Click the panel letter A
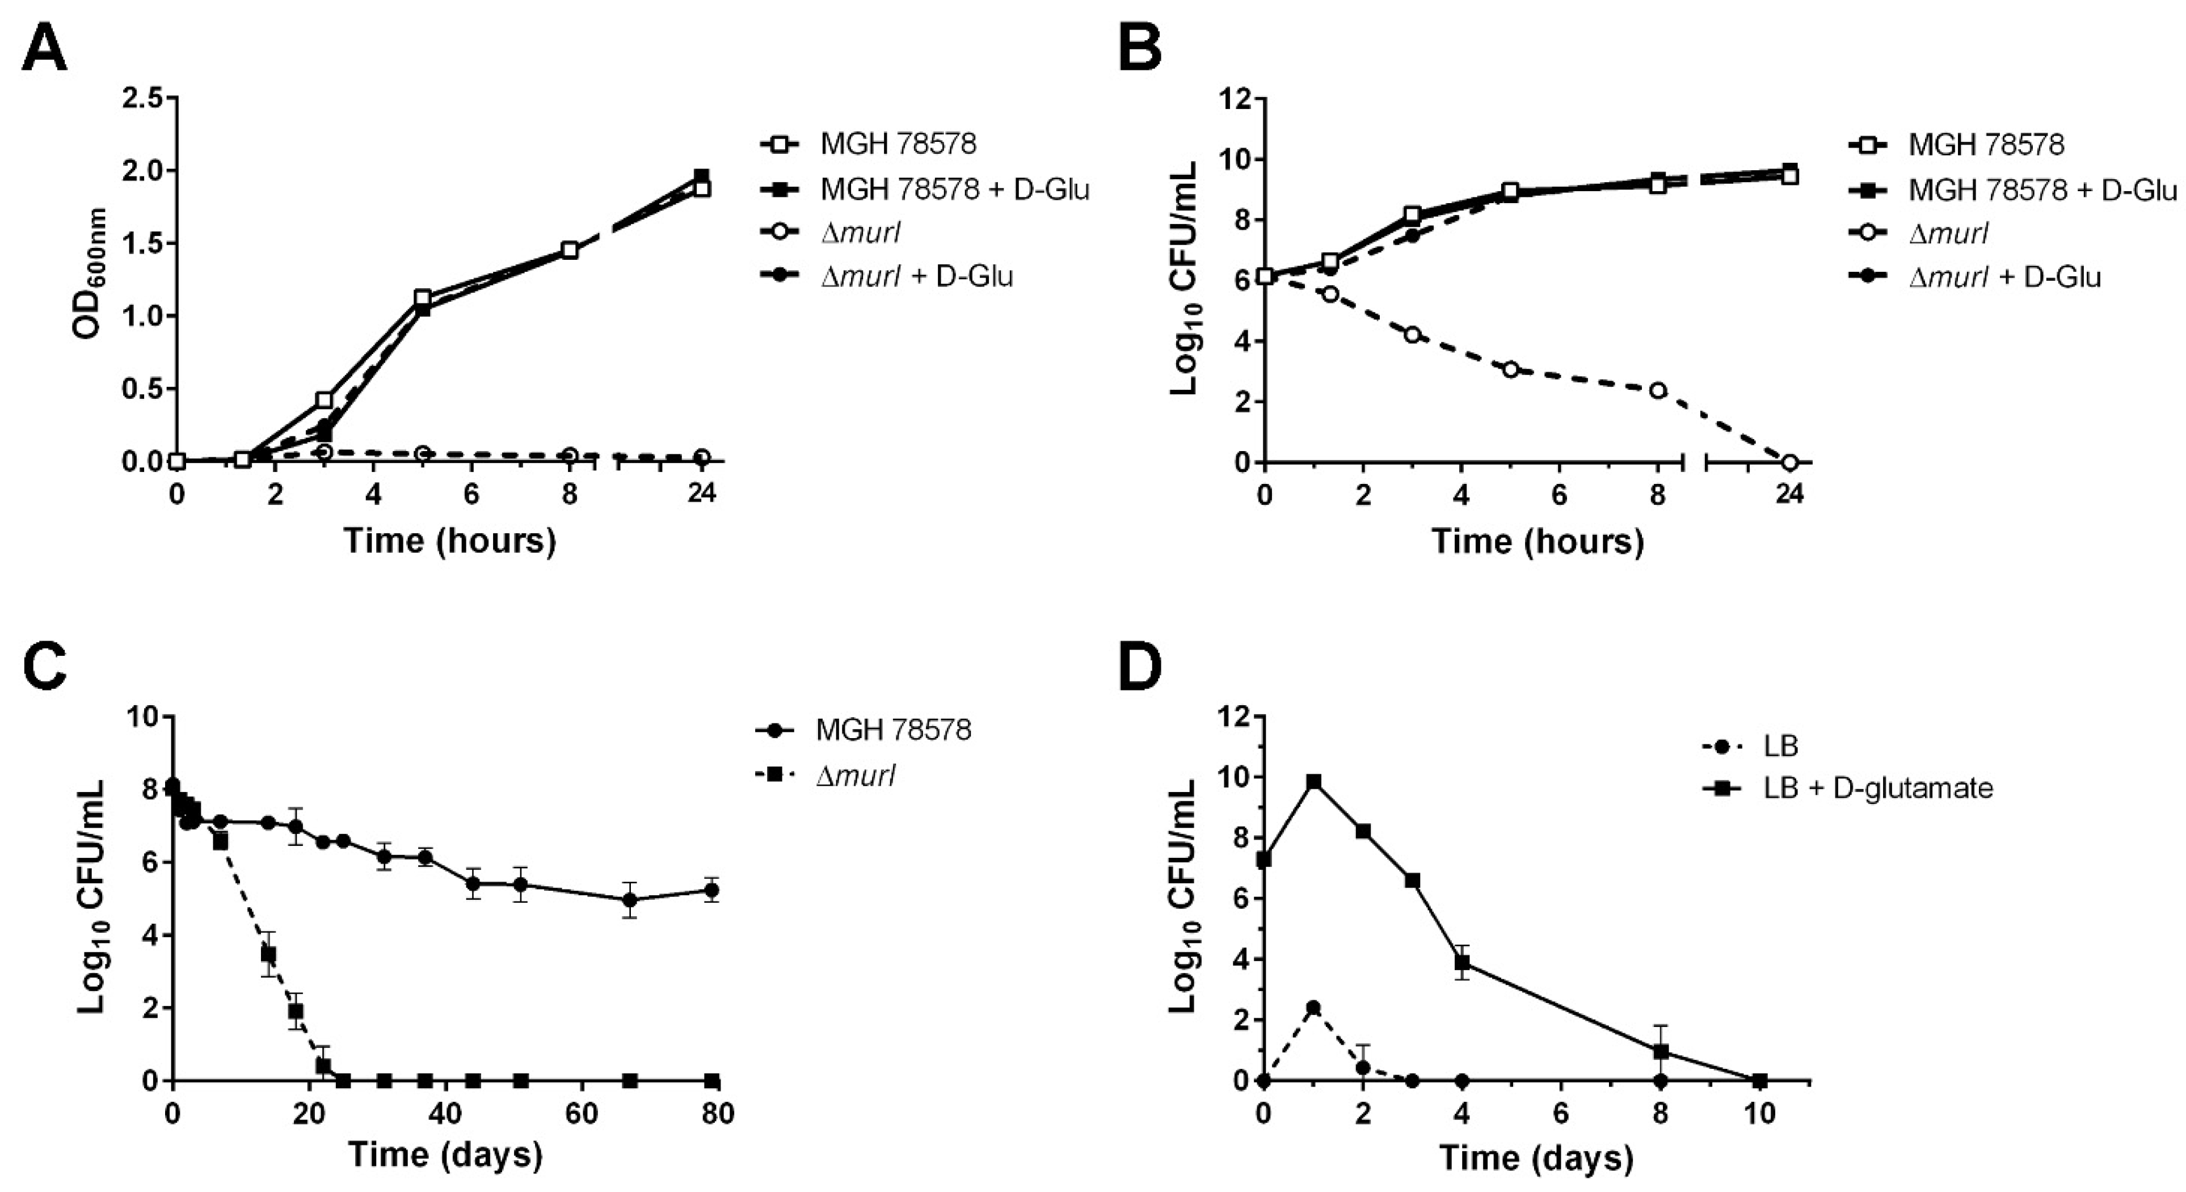tap(44, 49)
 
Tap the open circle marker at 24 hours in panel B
tap(1789, 462)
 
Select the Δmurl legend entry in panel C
tap(856, 774)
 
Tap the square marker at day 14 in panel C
tap(268, 954)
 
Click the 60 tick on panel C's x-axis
tap(582, 1113)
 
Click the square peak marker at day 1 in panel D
tap(1313, 781)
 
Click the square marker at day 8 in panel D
tap(1661, 1052)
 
